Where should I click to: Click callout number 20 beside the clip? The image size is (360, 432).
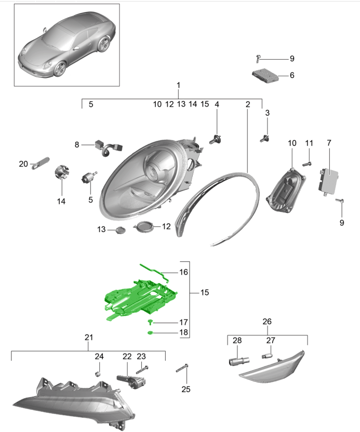[x=23, y=164]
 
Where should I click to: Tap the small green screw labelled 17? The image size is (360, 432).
[x=150, y=322]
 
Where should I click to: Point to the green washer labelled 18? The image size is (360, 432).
[x=150, y=333]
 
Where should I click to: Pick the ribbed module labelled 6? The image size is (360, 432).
[x=265, y=75]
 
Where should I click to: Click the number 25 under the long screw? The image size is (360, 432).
[x=186, y=389]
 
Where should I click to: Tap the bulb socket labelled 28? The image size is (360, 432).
[x=239, y=361]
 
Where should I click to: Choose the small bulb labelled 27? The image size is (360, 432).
[x=267, y=356]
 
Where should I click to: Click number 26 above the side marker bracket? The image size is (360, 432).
[x=267, y=321]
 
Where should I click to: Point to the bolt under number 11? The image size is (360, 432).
[x=307, y=164]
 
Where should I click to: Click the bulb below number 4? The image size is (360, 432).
[x=215, y=140]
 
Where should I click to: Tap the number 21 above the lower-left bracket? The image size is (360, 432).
[x=89, y=337]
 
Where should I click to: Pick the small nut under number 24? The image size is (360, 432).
[x=98, y=374]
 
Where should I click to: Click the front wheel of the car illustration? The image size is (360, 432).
[x=60, y=69]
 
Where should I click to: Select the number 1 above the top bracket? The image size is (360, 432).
[x=178, y=85]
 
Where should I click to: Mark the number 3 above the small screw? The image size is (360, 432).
[x=267, y=113]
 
